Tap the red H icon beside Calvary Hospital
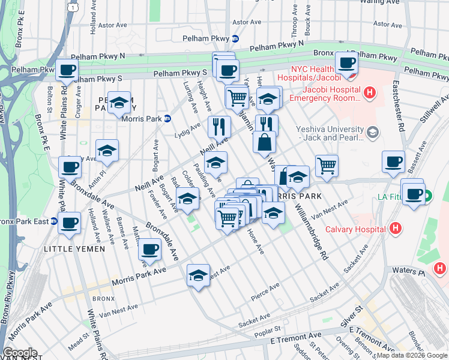(395, 229)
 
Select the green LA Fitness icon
(427, 196)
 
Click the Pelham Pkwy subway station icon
(235, 38)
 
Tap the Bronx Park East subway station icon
(54, 221)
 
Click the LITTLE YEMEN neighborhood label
(74, 248)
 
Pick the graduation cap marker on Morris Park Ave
(199, 275)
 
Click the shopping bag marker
(264, 143)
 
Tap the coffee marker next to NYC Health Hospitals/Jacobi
(346, 62)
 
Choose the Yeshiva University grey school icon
(373, 132)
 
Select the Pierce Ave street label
(267, 292)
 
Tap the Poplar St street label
(268, 329)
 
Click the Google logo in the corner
(20, 353)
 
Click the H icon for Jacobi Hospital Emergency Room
(370, 93)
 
